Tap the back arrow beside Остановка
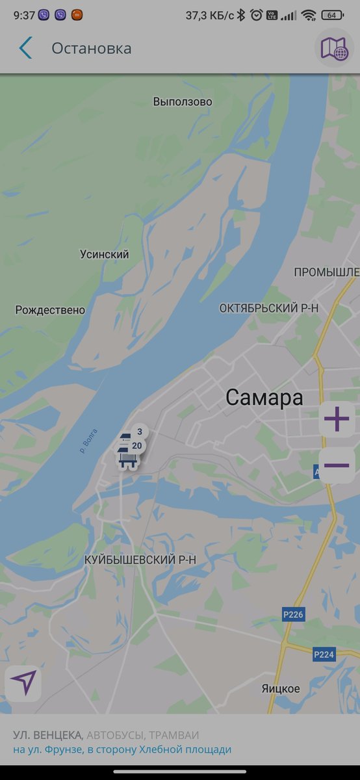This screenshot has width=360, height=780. [25, 48]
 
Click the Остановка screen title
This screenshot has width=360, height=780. [92, 48]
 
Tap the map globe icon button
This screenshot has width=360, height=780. [335, 48]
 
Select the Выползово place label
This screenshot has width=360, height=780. [183, 102]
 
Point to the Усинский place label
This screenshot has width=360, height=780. [104, 255]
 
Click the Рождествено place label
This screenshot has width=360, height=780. [50, 310]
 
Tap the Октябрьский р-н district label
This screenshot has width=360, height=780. [268, 308]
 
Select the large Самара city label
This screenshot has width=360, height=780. [264, 398]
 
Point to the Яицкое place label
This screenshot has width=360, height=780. [281, 688]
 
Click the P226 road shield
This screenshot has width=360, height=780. [294, 614]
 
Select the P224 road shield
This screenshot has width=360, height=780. [324, 655]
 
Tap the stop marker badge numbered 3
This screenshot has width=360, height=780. [140, 432]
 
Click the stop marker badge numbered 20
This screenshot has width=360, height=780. [136, 446]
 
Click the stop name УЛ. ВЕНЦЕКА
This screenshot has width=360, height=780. [47, 735]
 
